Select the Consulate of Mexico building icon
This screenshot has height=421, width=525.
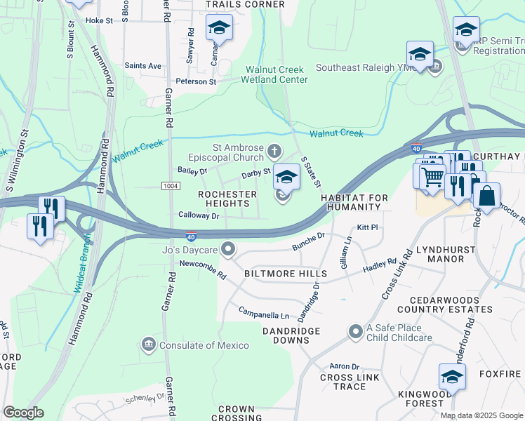click(149, 345)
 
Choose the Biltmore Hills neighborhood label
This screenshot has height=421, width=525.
click(285, 273)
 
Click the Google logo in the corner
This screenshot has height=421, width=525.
click(24, 412)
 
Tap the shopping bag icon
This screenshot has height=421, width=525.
click(486, 196)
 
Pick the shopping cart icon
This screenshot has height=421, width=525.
click(432, 176)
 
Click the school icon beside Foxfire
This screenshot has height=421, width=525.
click(452, 376)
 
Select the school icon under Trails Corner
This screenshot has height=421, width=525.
click(218, 28)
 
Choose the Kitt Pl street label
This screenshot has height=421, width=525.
click(367, 228)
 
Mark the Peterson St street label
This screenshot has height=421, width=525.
click(197, 81)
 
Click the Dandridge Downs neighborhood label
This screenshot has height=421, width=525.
click(291, 335)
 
